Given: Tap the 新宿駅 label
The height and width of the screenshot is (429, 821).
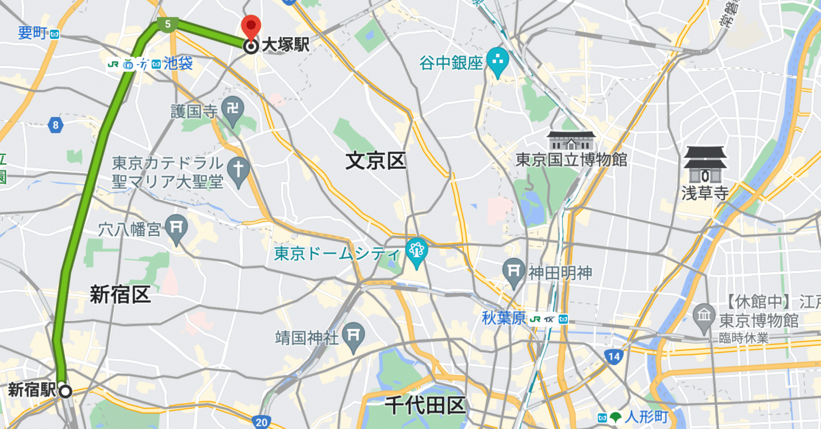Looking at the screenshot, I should [32, 391].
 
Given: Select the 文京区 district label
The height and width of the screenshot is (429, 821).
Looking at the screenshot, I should [376, 161].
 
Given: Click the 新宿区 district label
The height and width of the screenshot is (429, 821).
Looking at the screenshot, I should [120, 295].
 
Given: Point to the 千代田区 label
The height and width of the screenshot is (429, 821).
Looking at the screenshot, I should [425, 406].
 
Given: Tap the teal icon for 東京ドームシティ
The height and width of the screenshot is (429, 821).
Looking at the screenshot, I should [416, 250].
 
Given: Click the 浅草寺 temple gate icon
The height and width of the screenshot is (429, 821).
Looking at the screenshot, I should [705, 164].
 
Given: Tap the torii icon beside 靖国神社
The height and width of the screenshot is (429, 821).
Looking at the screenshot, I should [353, 336].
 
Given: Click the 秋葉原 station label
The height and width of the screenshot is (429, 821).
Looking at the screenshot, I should [504, 318].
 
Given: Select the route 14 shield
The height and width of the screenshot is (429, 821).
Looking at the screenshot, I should [614, 357].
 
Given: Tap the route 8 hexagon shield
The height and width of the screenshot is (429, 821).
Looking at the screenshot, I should [55, 125].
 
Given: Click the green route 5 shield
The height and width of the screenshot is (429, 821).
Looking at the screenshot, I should [167, 24].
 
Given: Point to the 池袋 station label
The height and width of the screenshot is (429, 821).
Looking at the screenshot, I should [178, 64].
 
